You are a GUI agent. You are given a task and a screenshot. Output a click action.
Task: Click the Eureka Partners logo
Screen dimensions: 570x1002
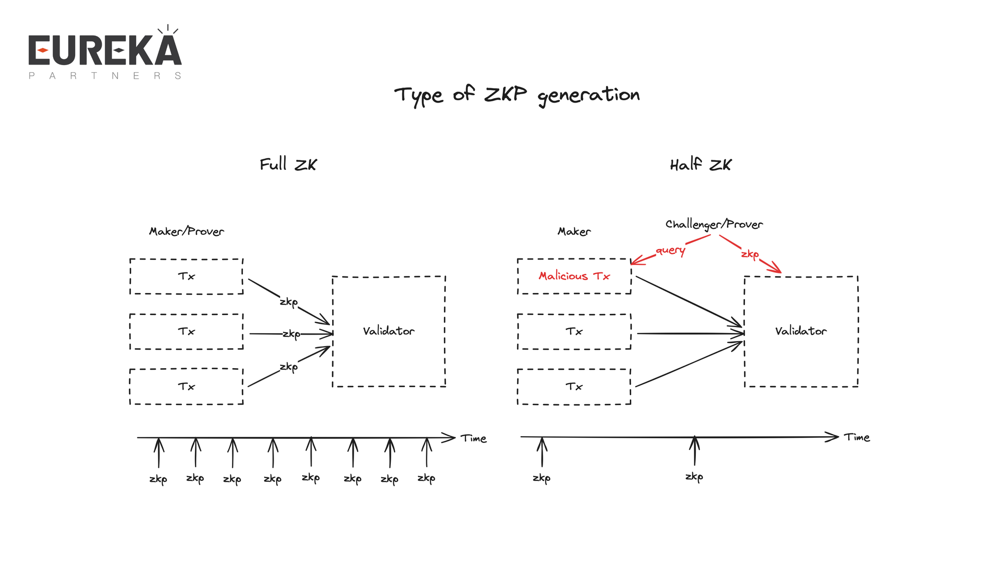[x=105, y=53]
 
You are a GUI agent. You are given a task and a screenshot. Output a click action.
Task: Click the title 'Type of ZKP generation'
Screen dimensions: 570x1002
[x=517, y=95]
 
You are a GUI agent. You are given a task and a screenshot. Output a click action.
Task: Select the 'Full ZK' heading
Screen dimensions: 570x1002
[x=288, y=164]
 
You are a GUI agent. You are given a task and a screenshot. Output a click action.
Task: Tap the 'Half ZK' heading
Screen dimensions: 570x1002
[x=700, y=164]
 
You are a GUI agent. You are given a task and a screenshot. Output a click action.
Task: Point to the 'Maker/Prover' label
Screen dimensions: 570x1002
[x=186, y=231]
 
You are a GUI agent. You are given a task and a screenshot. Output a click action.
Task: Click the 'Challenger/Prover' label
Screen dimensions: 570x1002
[x=714, y=224]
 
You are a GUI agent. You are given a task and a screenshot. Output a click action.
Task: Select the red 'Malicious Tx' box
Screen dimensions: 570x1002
[x=574, y=276]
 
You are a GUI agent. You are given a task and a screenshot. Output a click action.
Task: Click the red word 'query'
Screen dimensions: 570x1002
[x=670, y=250]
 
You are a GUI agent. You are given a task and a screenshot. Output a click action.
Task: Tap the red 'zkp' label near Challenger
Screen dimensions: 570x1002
[x=750, y=254]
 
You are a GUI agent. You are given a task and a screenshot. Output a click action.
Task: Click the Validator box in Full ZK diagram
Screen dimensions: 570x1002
[x=389, y=331]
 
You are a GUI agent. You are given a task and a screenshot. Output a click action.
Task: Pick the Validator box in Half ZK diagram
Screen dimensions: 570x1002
[x=801, y=331]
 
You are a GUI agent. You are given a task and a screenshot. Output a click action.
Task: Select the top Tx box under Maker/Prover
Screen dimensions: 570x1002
[x=186, y=276]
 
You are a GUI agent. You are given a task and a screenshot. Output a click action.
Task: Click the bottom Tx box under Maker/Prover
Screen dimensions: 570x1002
[x=186, y=387]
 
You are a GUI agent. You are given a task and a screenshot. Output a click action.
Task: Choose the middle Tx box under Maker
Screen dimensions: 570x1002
[x=574, y=332]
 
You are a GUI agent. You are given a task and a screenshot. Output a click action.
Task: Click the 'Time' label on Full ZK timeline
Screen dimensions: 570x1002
[x=474, y=439]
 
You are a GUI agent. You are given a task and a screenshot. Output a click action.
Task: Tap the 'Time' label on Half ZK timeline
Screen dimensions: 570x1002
[x=857, y=438]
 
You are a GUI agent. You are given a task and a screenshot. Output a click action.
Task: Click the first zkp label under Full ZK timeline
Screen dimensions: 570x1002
[x=158, y=479]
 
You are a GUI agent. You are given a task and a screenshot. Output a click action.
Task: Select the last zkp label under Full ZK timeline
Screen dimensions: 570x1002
[x=426, y=478]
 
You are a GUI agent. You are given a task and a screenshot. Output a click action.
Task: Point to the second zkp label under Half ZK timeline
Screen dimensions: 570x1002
[x=694, y=477]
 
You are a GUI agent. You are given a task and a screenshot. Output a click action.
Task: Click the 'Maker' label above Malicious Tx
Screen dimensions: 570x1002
[x=574, y=231]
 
